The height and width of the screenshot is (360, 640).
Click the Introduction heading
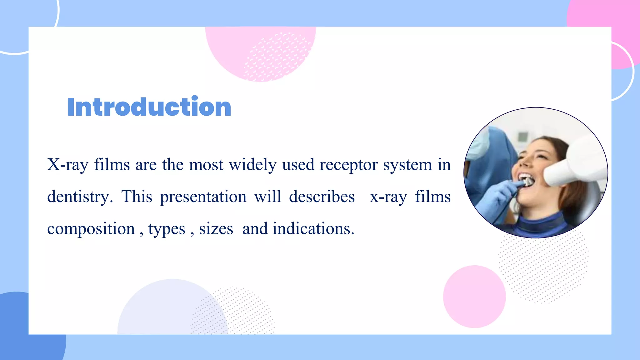149,107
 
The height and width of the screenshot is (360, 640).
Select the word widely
252,165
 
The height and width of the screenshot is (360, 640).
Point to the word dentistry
80,197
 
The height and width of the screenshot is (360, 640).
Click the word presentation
203,197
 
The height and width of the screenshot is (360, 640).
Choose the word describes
322,197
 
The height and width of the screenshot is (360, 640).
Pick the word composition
91,229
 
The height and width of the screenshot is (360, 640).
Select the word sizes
216,229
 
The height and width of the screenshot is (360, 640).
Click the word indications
313,229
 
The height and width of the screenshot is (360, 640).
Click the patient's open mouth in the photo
527,180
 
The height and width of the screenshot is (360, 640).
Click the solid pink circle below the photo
474,297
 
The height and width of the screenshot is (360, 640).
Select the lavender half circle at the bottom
162,312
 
